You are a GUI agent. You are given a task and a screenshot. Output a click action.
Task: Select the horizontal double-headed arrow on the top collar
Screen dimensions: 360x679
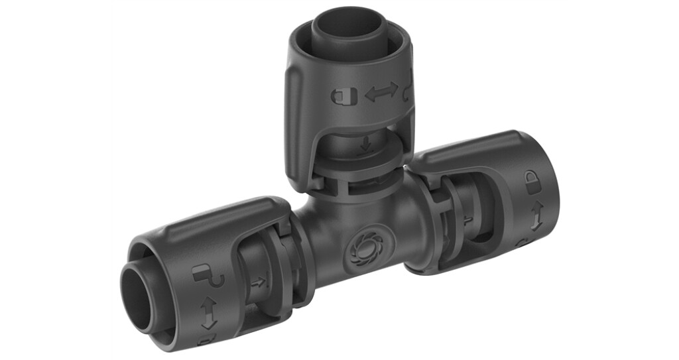point(381,92)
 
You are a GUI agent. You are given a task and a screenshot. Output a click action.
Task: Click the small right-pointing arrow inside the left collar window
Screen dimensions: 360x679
point(257,282)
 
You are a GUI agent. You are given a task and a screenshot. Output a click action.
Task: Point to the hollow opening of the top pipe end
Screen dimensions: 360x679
point(345,26)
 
